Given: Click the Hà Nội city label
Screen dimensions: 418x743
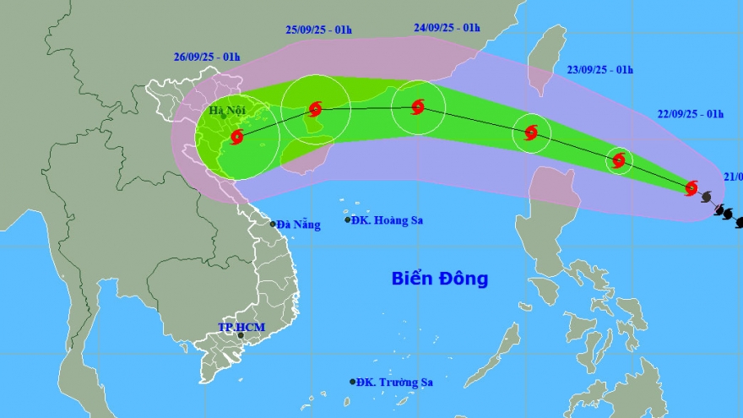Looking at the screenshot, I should (x=227, y=110).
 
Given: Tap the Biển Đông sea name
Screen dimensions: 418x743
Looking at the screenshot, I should (x=439, y=279).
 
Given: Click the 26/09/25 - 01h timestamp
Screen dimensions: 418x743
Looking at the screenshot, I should (x=207, y=57).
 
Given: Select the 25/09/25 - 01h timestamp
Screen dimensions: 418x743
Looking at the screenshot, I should (x=318, y=30).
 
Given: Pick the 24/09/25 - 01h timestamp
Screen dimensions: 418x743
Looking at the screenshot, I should (x=447, y=27).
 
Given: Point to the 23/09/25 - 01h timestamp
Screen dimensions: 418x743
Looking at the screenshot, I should (x=599, y=70).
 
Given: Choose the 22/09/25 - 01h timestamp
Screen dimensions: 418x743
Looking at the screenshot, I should (x=690, y=114).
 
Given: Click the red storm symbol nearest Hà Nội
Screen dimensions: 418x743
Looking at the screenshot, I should (x=237, y=136).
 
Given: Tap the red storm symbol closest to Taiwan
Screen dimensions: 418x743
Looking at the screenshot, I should (x=531, y=132).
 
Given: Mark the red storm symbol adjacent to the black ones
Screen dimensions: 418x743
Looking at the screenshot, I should (x=691, y=187).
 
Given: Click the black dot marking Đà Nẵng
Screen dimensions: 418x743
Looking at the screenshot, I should (x=273, y=224).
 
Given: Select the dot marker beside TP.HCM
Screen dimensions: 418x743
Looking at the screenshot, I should (x=241, y=335).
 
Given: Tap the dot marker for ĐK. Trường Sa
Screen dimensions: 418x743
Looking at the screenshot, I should (x=353, y=382).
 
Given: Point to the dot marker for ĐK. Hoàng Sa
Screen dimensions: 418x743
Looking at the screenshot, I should (x=348, y=220).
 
